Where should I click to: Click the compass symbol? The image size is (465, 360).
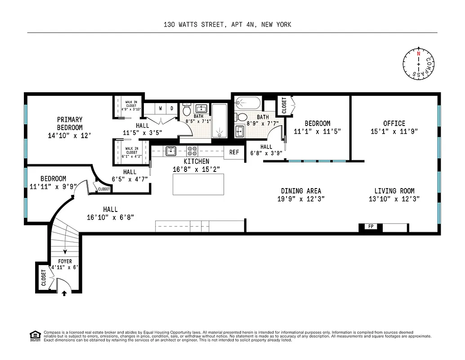[419, 63]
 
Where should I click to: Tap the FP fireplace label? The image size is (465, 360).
[371, 226]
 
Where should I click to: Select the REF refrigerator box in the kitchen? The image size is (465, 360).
[234, 152]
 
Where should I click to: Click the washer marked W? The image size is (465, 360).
[160, 108]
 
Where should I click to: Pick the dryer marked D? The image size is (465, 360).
[172, 108]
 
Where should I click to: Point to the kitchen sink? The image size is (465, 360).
[171, 151]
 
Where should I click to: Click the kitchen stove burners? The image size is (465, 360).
[192, 151]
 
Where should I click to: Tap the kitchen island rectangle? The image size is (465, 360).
[198, 184]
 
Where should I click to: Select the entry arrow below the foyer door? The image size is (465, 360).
[64, 293]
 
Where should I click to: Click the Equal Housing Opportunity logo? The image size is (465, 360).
[35, 335]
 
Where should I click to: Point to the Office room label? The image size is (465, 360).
[394, 123]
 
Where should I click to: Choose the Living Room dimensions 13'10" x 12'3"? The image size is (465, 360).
[394, 199]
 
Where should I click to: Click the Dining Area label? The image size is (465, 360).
[301, 191]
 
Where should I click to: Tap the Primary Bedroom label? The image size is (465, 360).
[70, 123]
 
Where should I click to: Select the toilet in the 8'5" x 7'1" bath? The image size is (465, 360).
[188, 110]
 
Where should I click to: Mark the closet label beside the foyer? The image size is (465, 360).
[44, 278]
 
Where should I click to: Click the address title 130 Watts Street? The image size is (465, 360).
[227, 24]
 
